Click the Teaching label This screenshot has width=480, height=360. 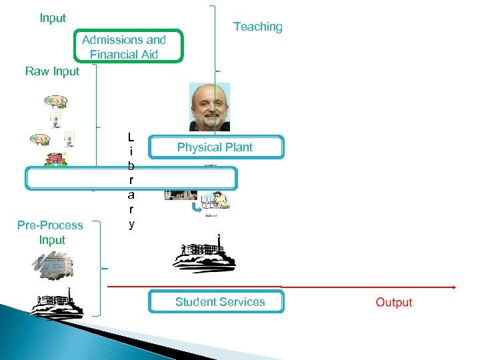[x=257, y=27]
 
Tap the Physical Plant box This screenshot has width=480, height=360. [x=215, y=147]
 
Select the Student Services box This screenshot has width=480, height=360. [x=217, y=302]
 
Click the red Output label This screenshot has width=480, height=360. [x=393, y=302]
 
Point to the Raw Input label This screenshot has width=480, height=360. [x=52, y=71]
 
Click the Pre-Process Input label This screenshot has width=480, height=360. [x=51, y=232]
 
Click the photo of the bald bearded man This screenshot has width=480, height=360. [x=209, y=107]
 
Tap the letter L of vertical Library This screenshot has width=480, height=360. [x=131, y=137]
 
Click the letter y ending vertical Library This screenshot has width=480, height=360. [x=131, y=225]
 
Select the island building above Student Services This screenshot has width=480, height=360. [x=204, y=257]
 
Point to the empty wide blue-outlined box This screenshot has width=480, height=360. [x=131, y=179]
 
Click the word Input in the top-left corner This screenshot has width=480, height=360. [x=53, y=18]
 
